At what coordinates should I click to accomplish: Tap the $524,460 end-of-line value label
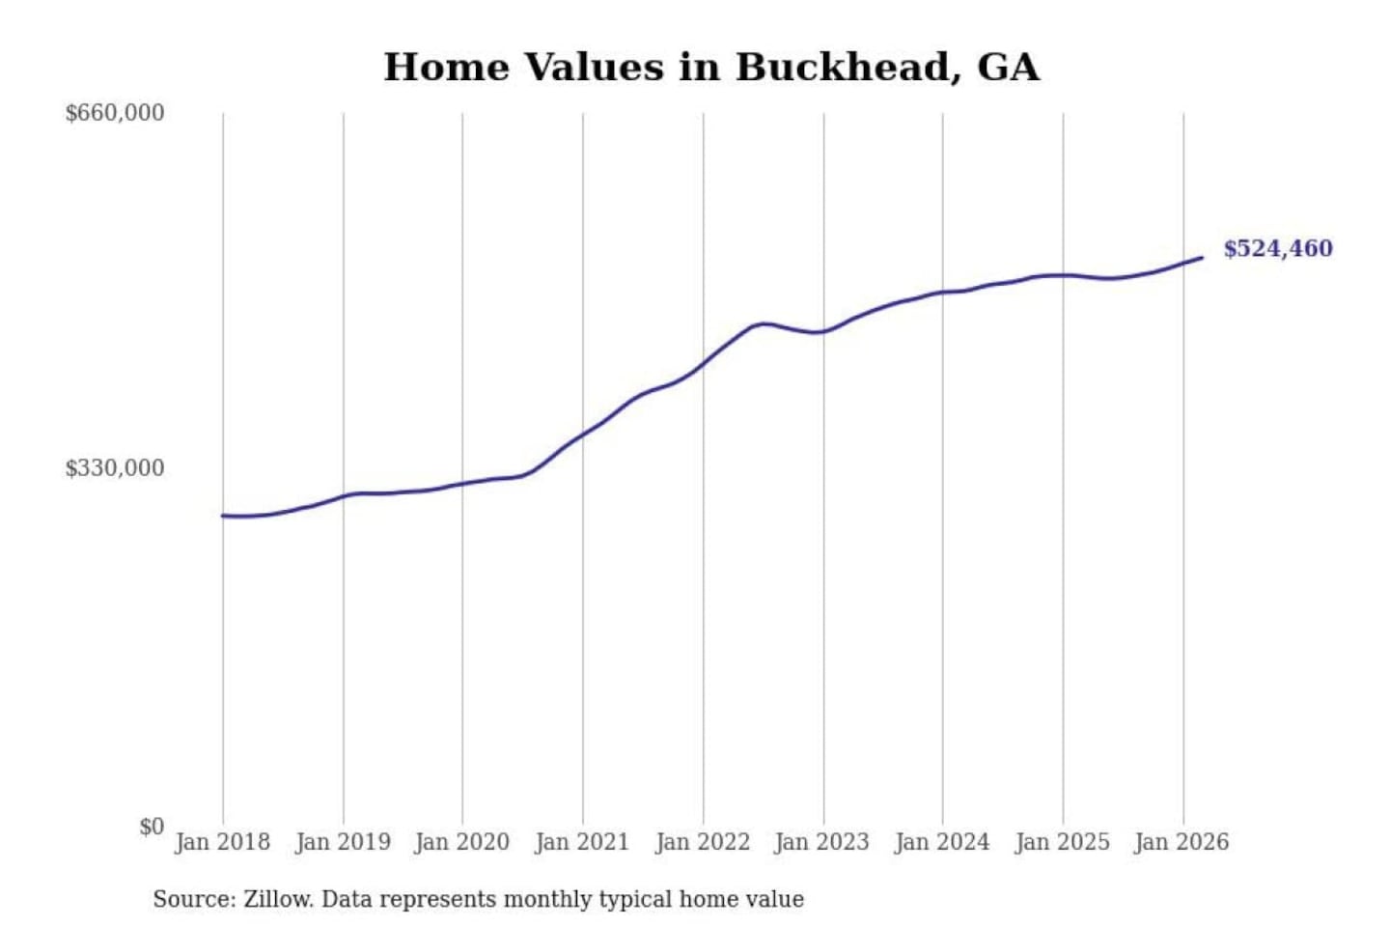pyautogui.click(x=1278, y=249)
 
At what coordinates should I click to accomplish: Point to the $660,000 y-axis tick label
pyautogui.click(x=115, y=113)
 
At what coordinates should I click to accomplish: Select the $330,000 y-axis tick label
pyautogui.click(x=115, y=468)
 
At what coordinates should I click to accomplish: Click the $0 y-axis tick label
pyautogui.click(x=152, y=827)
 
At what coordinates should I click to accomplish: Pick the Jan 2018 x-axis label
pyautogui.click(x=223, y=842)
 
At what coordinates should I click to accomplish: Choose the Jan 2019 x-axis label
pyautogui.click(x=343, y=842)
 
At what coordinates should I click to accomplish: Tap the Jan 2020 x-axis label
pyautogui.click(x=462, y=842)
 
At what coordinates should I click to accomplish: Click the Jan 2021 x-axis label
pyautogui.click(x=582, y=842)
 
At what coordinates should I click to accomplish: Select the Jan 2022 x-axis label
pyautogui.click(x=703, y=842)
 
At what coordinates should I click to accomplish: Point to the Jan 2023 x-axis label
pyautogui.click(x=822, y=842)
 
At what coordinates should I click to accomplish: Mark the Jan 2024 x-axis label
pyautogui.click(x=942, y=842)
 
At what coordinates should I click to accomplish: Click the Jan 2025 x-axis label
pyautogui.click(x=1063, y=842)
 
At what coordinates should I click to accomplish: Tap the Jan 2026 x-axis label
pyautogui.click(x=1182, y=842)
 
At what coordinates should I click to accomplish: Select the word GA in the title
pyautogui.click(x=1009, y=68)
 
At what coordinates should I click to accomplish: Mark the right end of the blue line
pyautogui.click(x=1202, y=258)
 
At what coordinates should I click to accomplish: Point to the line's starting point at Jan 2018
pyautogui.click(x=224, y=516)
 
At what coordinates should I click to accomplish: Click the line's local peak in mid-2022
pyautogui.click(x=763, y=323)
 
